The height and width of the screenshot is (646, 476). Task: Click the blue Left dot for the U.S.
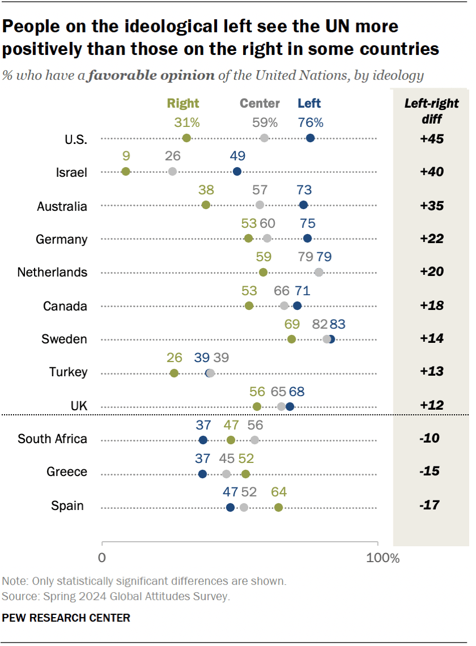click(x=310, y=138)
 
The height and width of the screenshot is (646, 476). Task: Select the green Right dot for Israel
click(x=126, y=172)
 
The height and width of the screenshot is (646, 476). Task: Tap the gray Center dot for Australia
click(x=260, y=205)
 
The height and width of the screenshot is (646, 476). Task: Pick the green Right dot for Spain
click(x=278, y=507)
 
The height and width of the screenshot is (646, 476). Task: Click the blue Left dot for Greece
click(x=203, y=474)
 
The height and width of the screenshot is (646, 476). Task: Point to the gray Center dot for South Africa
click(x=254, y=440)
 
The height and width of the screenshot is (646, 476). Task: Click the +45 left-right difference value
click(x=431, y=138)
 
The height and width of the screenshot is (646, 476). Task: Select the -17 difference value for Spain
click(x=431, y=505)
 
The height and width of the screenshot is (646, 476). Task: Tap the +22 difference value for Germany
click(x=431, y=239)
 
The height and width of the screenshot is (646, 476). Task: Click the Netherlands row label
click(x=53, y=273)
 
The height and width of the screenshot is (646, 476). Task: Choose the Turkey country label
click(x=68, y=372)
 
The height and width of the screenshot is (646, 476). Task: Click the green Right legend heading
click(x=183, y=103)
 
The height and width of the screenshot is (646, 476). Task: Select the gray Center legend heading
click(x=260, y=103)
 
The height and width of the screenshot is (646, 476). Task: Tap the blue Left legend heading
click(x=309, y=103)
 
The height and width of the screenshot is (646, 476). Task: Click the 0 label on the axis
click(x=102, y=558)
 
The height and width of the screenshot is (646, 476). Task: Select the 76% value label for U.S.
click(x=311, y=122)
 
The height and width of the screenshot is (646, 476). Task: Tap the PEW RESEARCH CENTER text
click(x=66, y=618)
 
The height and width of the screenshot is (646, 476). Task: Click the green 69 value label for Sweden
click(x=292, y=324)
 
